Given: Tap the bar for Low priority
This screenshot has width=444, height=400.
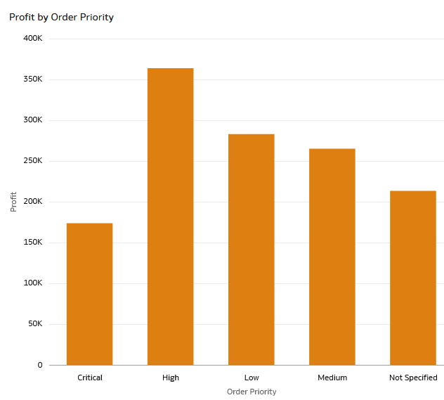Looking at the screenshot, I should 251,250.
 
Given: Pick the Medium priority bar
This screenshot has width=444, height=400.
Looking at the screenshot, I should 332,257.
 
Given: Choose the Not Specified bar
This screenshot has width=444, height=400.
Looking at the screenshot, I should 412,278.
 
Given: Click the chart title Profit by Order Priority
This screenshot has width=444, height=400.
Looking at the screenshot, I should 61,17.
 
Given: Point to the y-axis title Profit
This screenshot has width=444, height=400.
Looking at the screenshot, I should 13,202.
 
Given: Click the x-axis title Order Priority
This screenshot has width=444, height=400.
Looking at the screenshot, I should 252,392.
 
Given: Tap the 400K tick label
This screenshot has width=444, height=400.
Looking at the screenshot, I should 32,39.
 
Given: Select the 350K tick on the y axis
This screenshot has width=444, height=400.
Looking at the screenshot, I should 32,79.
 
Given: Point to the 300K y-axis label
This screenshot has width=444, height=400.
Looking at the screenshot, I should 32,120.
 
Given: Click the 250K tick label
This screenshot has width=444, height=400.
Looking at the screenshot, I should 32,161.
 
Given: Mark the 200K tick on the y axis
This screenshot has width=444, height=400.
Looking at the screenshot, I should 32,202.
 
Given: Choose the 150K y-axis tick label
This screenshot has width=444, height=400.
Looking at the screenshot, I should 32,243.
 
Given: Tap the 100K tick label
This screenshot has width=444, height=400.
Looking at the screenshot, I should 32,283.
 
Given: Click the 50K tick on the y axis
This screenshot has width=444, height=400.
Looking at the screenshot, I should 34,324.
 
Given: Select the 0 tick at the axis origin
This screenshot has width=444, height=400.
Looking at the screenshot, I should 40,365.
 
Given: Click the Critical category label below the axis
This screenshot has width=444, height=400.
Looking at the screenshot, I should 89,378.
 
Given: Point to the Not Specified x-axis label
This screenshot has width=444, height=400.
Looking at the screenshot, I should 413,378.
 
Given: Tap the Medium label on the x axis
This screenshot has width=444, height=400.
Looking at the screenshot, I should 332,378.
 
